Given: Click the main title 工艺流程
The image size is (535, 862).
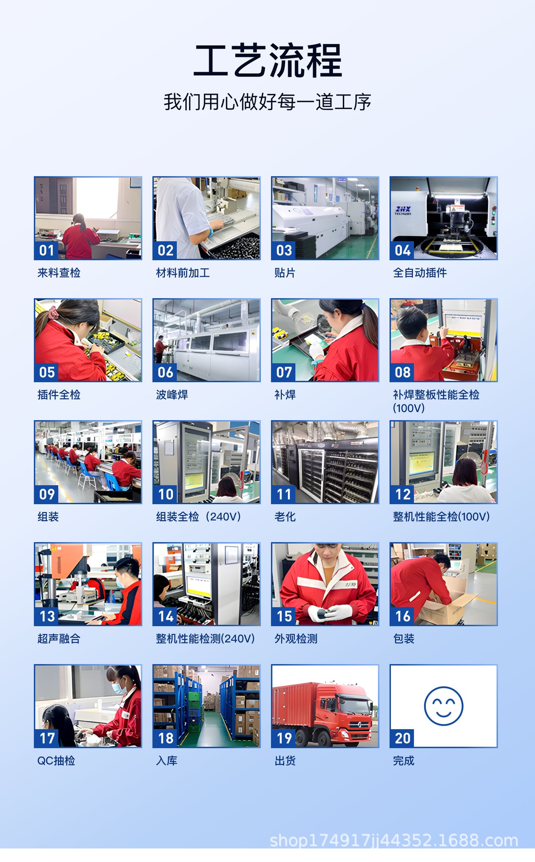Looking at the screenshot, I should (267, 61).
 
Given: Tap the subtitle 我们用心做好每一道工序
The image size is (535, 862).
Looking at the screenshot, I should (267, 102).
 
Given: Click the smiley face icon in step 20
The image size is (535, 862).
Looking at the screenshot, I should (443, 706).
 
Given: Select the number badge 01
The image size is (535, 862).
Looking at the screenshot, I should (46, 250).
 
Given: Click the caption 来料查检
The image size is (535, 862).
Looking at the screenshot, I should (59, 273).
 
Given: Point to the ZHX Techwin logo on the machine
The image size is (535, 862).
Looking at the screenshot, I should (403, 210).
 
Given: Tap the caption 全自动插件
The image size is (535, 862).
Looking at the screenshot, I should (420, 273).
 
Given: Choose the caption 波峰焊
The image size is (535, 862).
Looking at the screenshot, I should (172, 395).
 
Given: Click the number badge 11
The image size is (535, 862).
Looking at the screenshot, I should (284, 494).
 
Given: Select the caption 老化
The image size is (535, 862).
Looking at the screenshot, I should (285, 517).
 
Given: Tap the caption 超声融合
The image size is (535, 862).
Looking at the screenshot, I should (59, 638).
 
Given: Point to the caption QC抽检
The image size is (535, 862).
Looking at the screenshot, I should (56, 761).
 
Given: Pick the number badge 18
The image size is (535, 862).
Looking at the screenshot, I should (165, 738).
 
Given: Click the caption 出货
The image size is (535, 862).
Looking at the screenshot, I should (285, 761).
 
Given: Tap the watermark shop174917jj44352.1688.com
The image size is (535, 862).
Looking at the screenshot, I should (394, 840).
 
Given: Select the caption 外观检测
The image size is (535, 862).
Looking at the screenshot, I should (296, 638).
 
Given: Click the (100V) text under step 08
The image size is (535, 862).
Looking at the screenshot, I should (408, 408).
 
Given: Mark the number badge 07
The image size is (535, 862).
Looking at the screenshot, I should (284, 372).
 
